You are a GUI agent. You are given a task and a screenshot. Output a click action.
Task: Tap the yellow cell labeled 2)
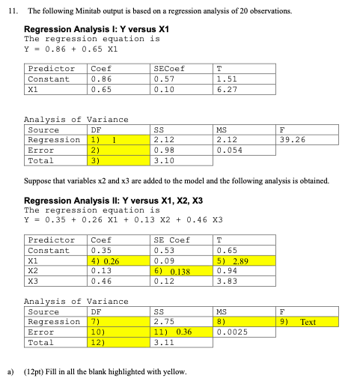(118, 150)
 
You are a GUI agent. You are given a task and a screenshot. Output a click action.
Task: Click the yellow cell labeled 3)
(118, 160)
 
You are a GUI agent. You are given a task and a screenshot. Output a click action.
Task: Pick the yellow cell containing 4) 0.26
(118, 260)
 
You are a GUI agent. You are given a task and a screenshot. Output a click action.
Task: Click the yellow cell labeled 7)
(118, 321)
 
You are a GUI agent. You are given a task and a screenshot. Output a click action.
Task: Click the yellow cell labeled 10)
(118, 332)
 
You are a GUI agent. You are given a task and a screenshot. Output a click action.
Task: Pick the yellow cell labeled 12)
(118, 342)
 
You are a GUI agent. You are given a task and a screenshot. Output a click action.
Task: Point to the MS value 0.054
(228, 150)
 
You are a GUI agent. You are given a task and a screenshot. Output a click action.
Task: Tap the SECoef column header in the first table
(168, 68)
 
